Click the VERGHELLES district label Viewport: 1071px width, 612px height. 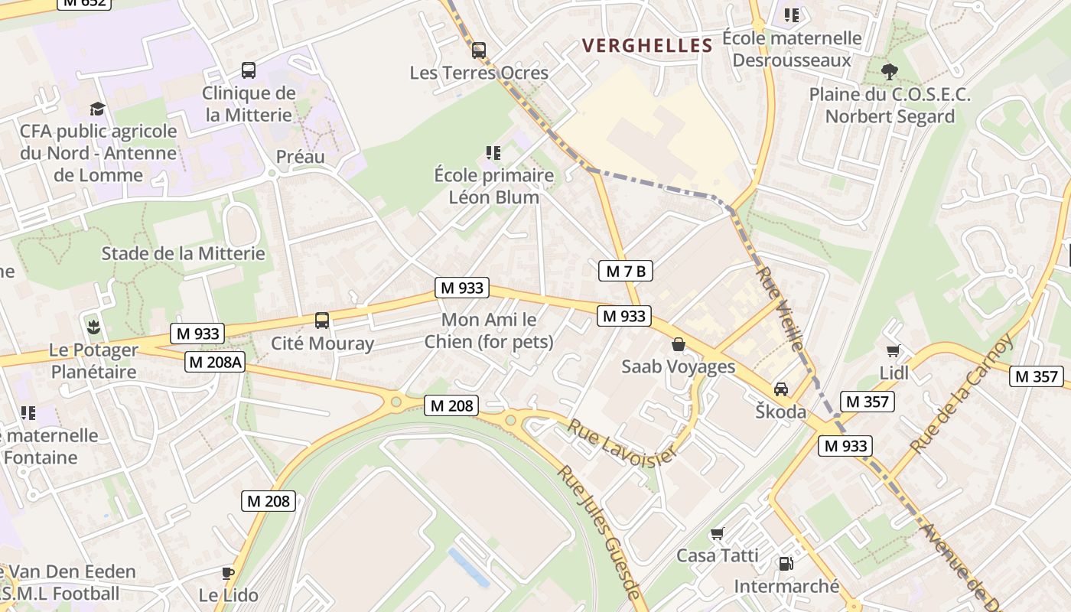tap(647, 46)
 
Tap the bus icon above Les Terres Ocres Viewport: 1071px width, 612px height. tap(479, 50)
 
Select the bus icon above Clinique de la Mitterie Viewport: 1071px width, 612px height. tap(249, 70)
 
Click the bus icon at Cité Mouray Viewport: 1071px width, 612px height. tap(322, 321)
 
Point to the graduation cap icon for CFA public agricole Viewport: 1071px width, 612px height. tap(97, 109)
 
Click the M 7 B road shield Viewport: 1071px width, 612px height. tap(625, 271)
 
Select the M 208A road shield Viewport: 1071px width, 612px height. tap(215, 363)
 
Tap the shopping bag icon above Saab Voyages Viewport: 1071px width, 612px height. tap(678, 344)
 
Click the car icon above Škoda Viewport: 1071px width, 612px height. tap(781, 389)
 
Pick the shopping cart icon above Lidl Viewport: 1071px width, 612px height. tap(893, 350)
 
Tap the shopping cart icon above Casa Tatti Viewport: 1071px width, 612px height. tap(717, 533)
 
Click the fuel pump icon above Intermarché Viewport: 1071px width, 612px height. tap(786, 564)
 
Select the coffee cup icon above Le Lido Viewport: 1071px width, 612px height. tap(227, 573)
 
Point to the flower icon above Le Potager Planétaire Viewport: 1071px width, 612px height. tap(93, 327)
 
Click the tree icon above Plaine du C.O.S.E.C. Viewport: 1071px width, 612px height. tap(889, 72)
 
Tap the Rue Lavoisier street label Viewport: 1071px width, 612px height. tap(621, 442)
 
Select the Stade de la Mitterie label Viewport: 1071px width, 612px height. tap(183, 253)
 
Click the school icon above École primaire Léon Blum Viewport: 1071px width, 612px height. tap(493, 153)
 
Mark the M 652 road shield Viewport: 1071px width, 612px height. tap(84, 2)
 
